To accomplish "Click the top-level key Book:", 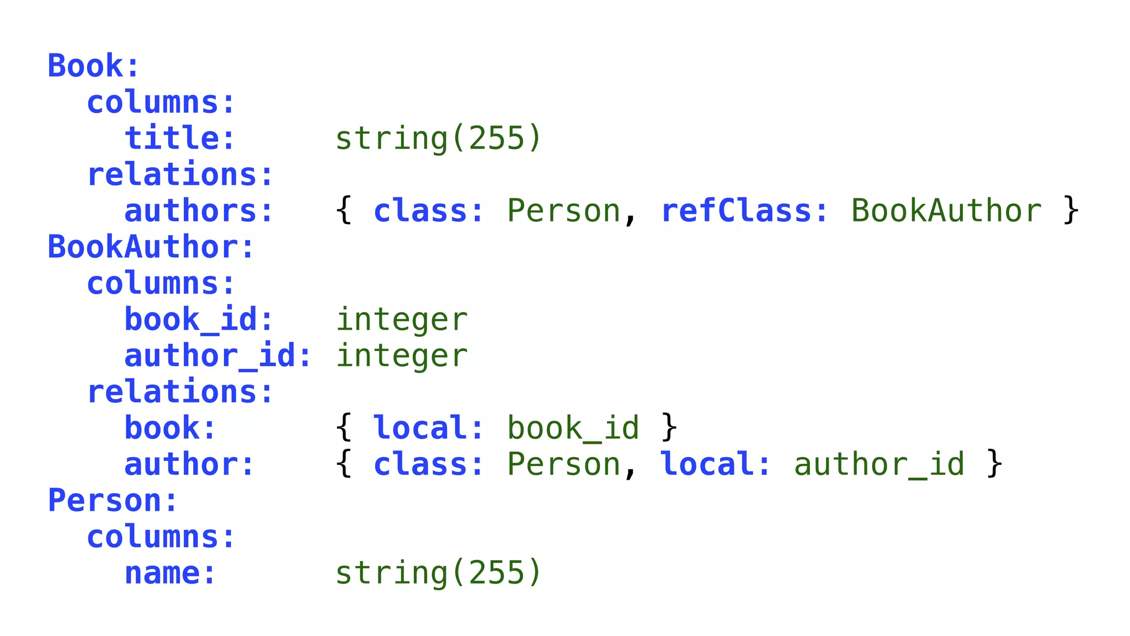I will [93, 66].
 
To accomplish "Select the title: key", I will [180, 138].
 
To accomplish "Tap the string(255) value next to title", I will [439, 138].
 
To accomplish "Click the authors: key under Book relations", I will [199, 211].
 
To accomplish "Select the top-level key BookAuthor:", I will [151, 247].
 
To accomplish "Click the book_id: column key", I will [199, 320].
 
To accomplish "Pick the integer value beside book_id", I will [402, 320].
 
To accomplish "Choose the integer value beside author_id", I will [402, 356].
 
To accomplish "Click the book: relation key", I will [170, 428].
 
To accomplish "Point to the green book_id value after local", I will [573, 428].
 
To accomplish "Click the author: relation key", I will [189, 464].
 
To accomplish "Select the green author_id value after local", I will [880, 464].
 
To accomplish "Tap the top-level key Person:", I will [113, 500].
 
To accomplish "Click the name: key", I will [170, 573].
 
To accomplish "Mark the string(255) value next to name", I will [439, 573].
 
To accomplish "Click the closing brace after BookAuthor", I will [1071, 211].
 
